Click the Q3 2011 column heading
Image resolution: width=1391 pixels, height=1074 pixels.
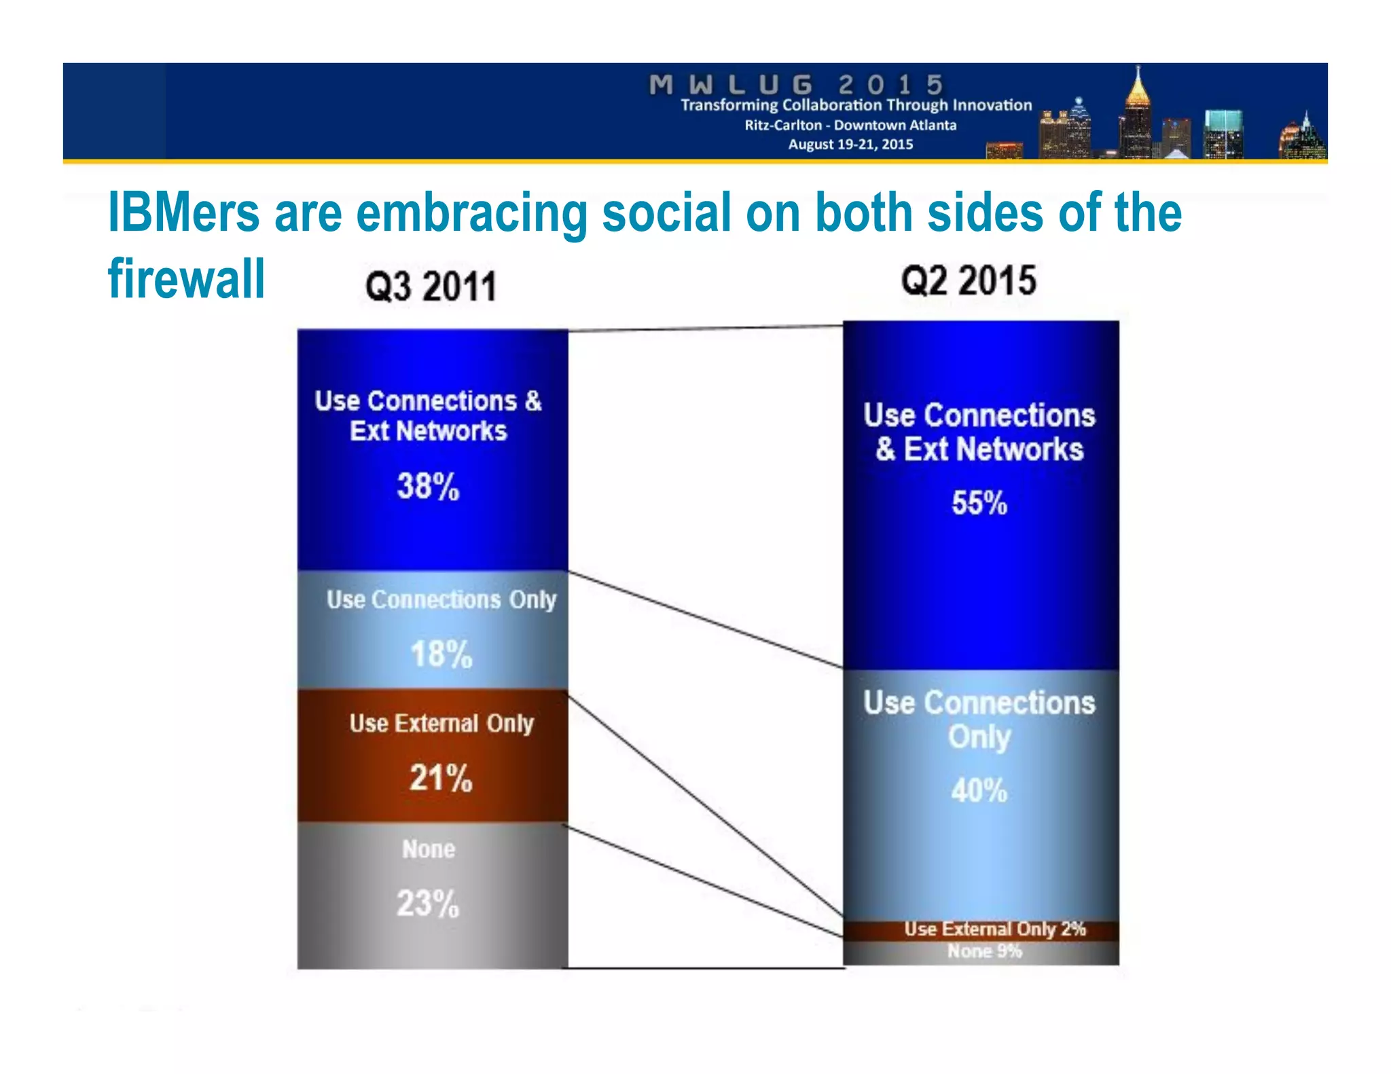431,286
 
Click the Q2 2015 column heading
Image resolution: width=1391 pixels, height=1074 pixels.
969,280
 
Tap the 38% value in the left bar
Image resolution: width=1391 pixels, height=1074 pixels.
428,486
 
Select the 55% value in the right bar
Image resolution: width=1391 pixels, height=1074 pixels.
979,503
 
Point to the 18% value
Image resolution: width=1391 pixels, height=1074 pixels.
441,654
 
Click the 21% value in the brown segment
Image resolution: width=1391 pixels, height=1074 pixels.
441,778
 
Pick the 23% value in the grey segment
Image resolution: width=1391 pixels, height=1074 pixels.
428,904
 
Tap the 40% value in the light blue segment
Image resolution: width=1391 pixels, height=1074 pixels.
979,790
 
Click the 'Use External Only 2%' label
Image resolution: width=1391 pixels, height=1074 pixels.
994,929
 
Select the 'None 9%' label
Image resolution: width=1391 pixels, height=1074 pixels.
984,951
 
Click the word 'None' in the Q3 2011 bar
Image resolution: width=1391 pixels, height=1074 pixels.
429,849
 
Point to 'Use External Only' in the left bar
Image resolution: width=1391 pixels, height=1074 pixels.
441,724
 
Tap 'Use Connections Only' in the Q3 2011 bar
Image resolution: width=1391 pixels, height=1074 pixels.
441,599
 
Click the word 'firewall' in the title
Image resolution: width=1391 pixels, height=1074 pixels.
186,278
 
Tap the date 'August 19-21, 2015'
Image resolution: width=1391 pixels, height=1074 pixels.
850,144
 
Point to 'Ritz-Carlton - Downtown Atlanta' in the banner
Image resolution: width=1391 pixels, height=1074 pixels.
850,125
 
